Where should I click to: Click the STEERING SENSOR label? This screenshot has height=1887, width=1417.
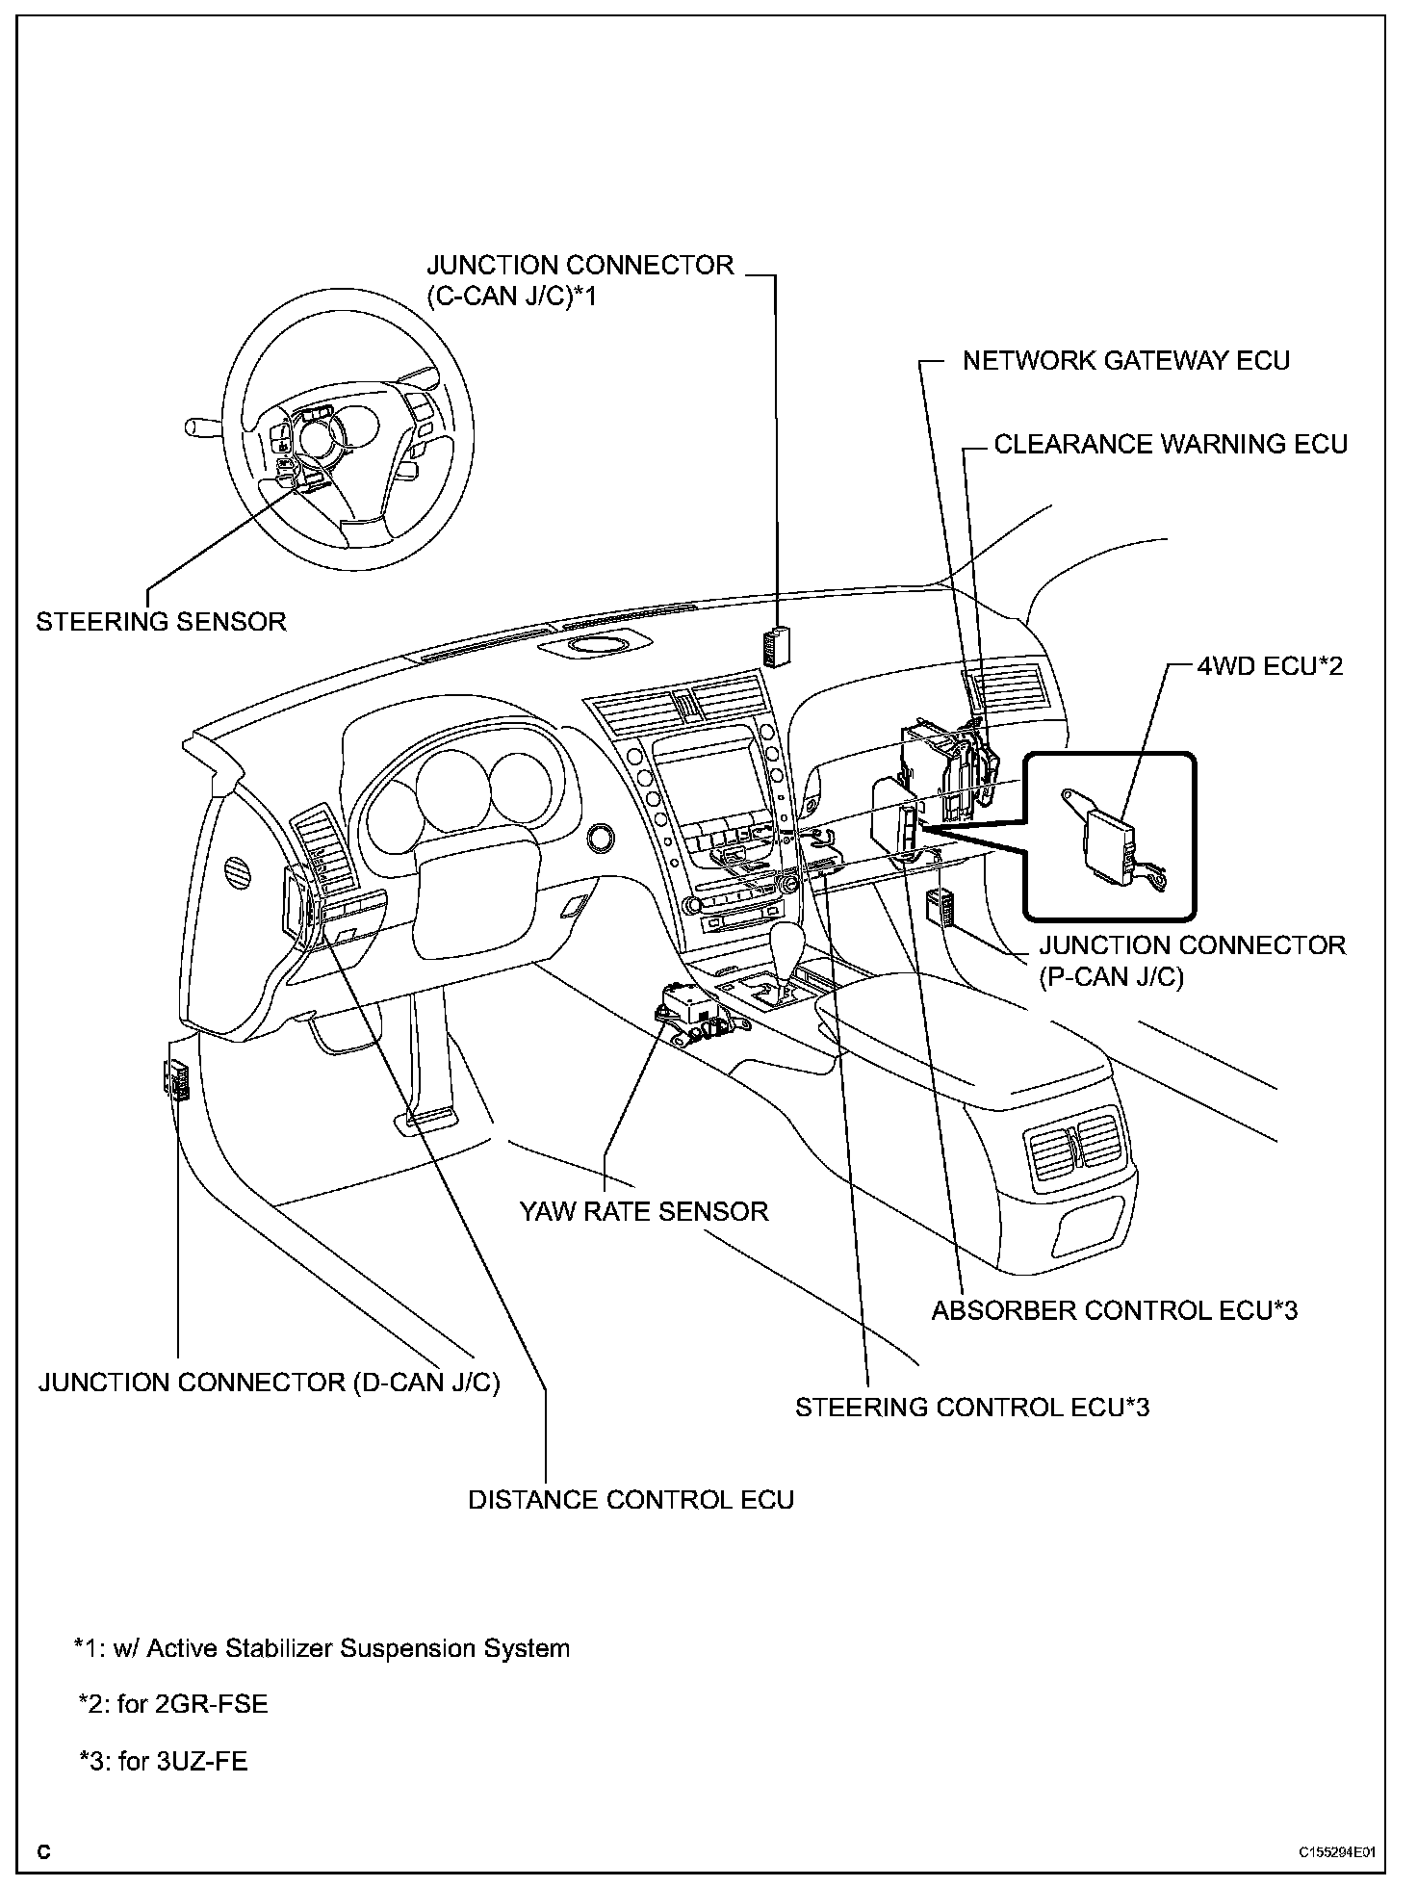coord(161,622)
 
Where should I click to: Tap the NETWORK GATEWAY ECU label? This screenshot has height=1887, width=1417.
coord(1125,361)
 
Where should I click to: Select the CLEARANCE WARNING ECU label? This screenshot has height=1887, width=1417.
coord(1170,444)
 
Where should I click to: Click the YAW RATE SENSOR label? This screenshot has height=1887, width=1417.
coord(643,1211)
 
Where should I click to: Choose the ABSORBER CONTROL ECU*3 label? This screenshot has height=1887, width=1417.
coord(1114,1310)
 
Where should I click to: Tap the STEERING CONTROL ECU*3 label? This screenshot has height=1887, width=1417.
coord(971,1408)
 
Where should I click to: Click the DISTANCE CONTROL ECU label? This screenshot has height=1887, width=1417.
coord(631,1500)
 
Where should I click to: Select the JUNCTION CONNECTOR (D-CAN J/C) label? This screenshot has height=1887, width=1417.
coord(269,1383)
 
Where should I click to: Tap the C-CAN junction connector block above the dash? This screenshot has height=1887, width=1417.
coord(777,644)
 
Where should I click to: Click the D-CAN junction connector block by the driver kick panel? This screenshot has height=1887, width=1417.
coord(176,1078)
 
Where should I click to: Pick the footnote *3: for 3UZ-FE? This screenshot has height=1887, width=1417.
coord(163,1762)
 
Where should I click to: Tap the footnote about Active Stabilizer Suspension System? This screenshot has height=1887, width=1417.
coord(322,1648)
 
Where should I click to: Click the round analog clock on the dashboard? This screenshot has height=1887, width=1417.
coord(602,837)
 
